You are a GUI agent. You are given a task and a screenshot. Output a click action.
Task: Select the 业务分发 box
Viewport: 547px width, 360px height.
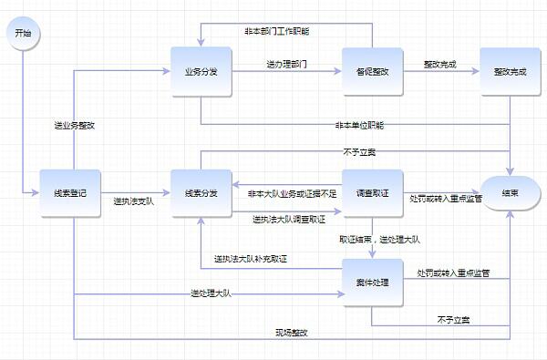(x=201, y=70)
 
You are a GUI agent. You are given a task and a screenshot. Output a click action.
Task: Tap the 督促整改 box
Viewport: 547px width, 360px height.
(x=373, y=70)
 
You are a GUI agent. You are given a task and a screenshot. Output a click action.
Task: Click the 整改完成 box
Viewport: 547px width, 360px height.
(x=511, y=70)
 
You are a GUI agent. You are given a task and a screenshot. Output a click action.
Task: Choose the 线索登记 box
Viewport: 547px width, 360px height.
(x=70, y=193)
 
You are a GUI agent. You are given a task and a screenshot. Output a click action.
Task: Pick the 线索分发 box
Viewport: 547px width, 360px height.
(x=201, y=193)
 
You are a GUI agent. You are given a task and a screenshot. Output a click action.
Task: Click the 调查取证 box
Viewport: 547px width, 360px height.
(x=373, y=193)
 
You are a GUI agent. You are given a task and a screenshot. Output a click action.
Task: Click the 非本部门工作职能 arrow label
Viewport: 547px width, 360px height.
(x=277, y=31)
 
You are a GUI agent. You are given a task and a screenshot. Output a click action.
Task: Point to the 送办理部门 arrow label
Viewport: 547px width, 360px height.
(x=286, y=65)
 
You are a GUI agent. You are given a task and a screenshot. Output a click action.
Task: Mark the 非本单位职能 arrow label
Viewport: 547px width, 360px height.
(x=359, y=124)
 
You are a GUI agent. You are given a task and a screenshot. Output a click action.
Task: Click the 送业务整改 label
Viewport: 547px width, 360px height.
(x=75, y=125)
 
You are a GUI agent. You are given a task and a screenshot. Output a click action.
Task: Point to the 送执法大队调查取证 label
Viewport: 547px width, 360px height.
(x=289, y=219)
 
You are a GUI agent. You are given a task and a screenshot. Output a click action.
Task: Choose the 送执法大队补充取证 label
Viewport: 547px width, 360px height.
(x=251, y=261)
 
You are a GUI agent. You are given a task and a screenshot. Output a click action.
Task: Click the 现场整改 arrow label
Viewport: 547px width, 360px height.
(x=292, y=333)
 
